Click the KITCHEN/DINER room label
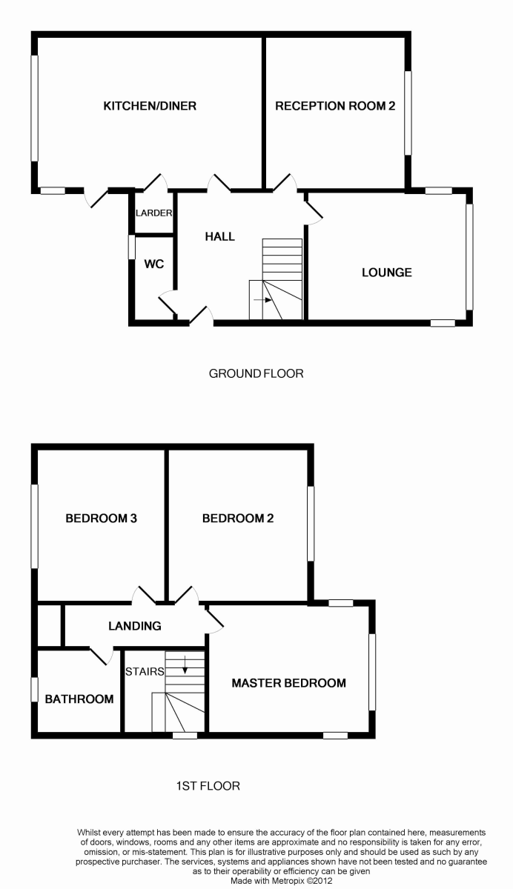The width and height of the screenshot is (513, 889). (150, 106)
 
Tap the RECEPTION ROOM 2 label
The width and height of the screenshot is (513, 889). (335, 106)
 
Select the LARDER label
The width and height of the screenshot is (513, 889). (153, 213)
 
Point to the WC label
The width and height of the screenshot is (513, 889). (154, 264)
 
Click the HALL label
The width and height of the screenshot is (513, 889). (219, 236)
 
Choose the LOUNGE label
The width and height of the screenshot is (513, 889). (387, 273)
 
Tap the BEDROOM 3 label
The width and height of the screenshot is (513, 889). (102, 519)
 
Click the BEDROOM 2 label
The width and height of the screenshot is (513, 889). (238, 519)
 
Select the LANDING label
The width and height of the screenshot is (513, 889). (135, 626)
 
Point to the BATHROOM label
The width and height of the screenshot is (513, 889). (79, 699)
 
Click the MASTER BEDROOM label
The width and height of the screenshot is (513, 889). (288, 682)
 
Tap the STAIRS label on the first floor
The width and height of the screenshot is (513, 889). (145, 671)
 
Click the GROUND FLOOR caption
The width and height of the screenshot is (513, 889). (256, 373)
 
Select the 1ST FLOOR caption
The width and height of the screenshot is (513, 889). (208, 786)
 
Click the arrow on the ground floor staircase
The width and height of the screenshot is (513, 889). (263, 300)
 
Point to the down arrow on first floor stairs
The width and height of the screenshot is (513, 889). (185, 665)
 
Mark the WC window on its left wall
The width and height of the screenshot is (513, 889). (131, 247)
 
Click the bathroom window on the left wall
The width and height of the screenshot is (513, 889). (35, 690)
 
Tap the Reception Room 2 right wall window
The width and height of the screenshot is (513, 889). (408, 113)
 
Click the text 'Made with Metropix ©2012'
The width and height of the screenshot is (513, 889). (282, 881)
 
